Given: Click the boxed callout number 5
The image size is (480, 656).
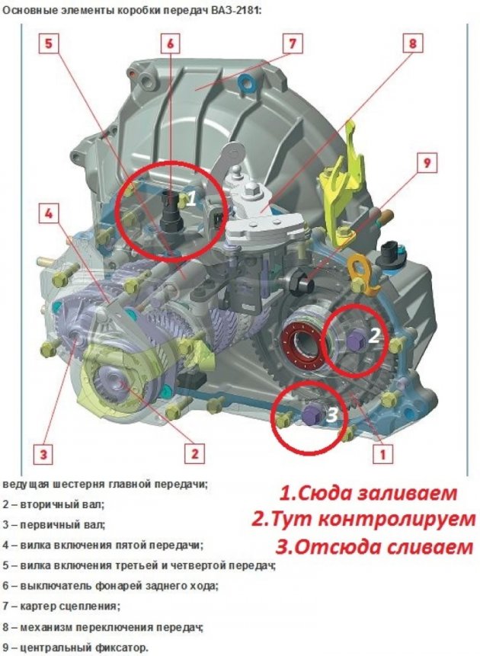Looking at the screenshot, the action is tap(49, 43).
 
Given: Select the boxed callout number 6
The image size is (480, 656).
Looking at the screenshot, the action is tap(171, 43).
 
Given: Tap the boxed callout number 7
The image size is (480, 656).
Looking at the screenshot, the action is tap(293, 43).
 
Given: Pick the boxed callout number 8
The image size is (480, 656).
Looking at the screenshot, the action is tap(413, 43).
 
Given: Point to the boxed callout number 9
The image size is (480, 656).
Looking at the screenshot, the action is tap(427, 163).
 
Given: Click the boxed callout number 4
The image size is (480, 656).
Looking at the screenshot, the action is tap(49, 214).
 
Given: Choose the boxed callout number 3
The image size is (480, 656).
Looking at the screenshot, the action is tap(43, 453).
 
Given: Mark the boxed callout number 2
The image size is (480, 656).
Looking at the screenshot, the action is tap(194, 453).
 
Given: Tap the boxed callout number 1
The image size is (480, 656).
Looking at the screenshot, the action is tap(382, 453).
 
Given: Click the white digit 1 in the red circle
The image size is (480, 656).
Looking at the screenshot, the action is tap(190, 198).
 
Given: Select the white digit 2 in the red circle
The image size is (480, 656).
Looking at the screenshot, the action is tap(373, 335).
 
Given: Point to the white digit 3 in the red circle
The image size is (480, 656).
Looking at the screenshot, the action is tap(332, 414).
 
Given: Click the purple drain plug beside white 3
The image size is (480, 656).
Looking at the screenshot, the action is tap(312, 414).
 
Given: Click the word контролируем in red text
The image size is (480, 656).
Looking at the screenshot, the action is tap(396, 520).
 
